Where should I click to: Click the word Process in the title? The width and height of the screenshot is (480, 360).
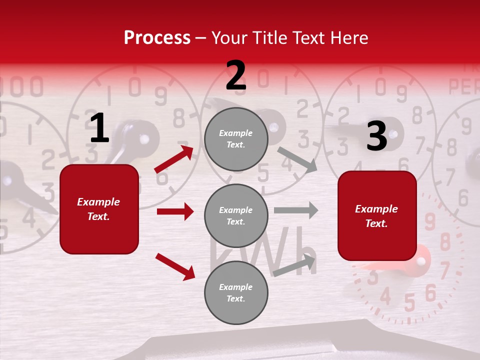(157, 37)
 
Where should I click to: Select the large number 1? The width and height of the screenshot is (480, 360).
(99, 128)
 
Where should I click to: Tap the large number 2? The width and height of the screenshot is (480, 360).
(236, 75)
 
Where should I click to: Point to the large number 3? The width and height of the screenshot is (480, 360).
(376, 136)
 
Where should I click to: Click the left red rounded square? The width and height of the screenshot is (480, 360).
(99, 209)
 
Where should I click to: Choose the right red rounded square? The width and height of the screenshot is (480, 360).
(377, 215)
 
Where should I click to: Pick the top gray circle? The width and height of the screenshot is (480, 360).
(236, 139)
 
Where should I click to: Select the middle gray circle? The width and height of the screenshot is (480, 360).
(236, 215)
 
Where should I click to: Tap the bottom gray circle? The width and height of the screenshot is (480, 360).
(236, 292)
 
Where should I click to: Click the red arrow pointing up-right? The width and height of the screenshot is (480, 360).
(174, 159)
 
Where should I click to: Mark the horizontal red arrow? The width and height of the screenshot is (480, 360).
(175, 211)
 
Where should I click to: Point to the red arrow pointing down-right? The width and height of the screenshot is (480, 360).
(175, 266)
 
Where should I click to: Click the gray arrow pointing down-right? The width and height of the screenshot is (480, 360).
(297, 160)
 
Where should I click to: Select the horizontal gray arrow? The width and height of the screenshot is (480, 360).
(296, 210)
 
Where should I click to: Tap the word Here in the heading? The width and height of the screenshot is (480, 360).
(348, 37)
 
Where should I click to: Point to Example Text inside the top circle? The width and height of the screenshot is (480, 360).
(236, 139)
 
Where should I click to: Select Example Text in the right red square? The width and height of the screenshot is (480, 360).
(376, 216)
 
